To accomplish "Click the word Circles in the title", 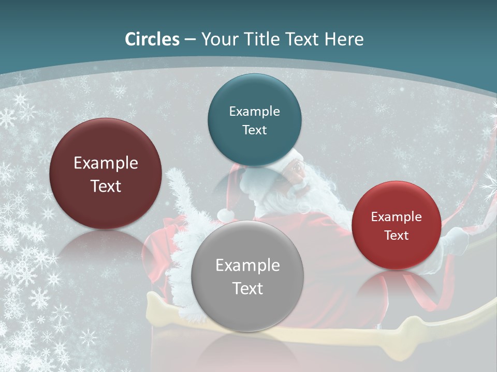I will click(x=152, y=39).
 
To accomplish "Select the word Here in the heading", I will click(x=344, y=39).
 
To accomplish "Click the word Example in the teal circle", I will click(x=254, y=112).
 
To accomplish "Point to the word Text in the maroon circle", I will click(x=106, y=186).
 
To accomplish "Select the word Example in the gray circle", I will click(x=247, y=266).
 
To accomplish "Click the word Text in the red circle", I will click(x=397, y=235).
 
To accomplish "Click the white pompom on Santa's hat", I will click(x=225, y=214).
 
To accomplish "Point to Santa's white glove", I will click(x=456, y=241).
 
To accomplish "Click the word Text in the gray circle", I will click(x=247, y=288).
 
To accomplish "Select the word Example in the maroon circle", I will click(x=106, y=163).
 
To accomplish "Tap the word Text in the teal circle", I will click(x=254, y=130).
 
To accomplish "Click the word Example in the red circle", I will click(x=397, y=217).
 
